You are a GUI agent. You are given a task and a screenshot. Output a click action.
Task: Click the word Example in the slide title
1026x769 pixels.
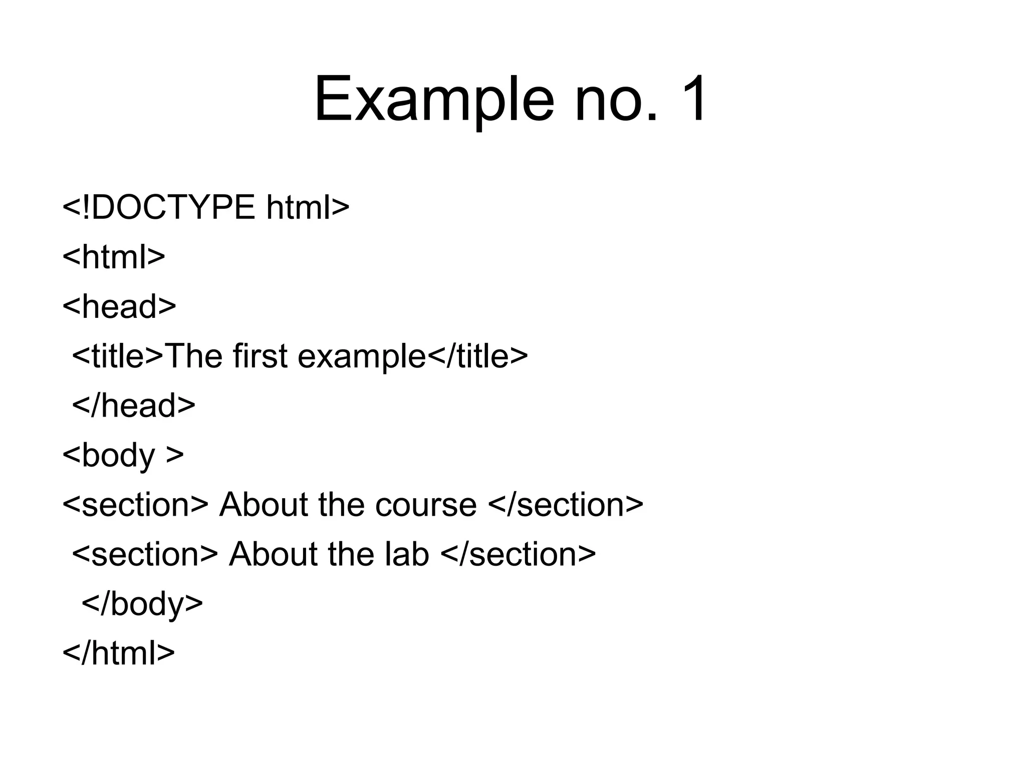(434, 100)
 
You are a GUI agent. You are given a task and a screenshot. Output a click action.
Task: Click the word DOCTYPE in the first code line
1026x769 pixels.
(173, 207)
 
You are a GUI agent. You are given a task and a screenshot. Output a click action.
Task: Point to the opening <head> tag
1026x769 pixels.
(119, 306)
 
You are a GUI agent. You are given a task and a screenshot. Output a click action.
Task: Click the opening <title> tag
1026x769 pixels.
(118, 356)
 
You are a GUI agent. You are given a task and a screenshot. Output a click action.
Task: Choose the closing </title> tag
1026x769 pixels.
(477, 356)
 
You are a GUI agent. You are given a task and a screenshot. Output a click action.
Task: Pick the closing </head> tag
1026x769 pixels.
(134, 405)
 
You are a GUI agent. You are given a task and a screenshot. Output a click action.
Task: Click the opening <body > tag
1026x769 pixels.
(123, 455)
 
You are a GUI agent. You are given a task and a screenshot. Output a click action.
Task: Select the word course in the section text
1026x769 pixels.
(426, 504)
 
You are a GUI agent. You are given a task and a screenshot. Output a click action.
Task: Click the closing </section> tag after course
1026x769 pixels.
(565, 504)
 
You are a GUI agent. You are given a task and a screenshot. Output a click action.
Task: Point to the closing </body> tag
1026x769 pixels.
(142, 604)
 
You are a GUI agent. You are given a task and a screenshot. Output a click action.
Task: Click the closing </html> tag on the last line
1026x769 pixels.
(119, 653)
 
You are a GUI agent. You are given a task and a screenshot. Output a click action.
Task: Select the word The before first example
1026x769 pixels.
(193, 356)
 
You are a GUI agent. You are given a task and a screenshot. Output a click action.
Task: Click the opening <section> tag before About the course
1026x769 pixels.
(135, 504)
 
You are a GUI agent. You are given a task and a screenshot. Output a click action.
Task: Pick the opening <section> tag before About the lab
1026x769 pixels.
(145, 554)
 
